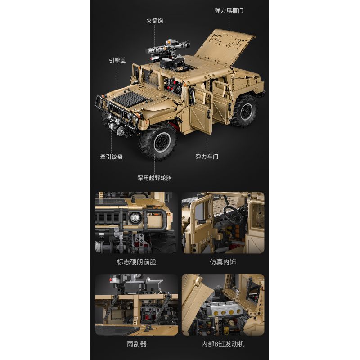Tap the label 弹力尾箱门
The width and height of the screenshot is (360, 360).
click(229, 10)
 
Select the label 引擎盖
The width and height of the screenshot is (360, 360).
click(117, 59)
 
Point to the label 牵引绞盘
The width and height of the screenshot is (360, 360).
click(111, 157)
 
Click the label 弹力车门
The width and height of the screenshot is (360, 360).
click(207, 157)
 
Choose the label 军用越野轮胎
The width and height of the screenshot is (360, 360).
click(154, 178)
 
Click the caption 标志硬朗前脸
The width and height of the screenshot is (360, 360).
click(136, 261)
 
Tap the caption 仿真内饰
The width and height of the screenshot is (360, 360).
click(223, 261)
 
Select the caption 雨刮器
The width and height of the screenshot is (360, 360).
click(137, 344)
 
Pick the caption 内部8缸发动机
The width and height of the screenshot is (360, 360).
click(223, 344)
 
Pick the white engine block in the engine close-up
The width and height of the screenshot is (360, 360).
click(220, 310)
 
